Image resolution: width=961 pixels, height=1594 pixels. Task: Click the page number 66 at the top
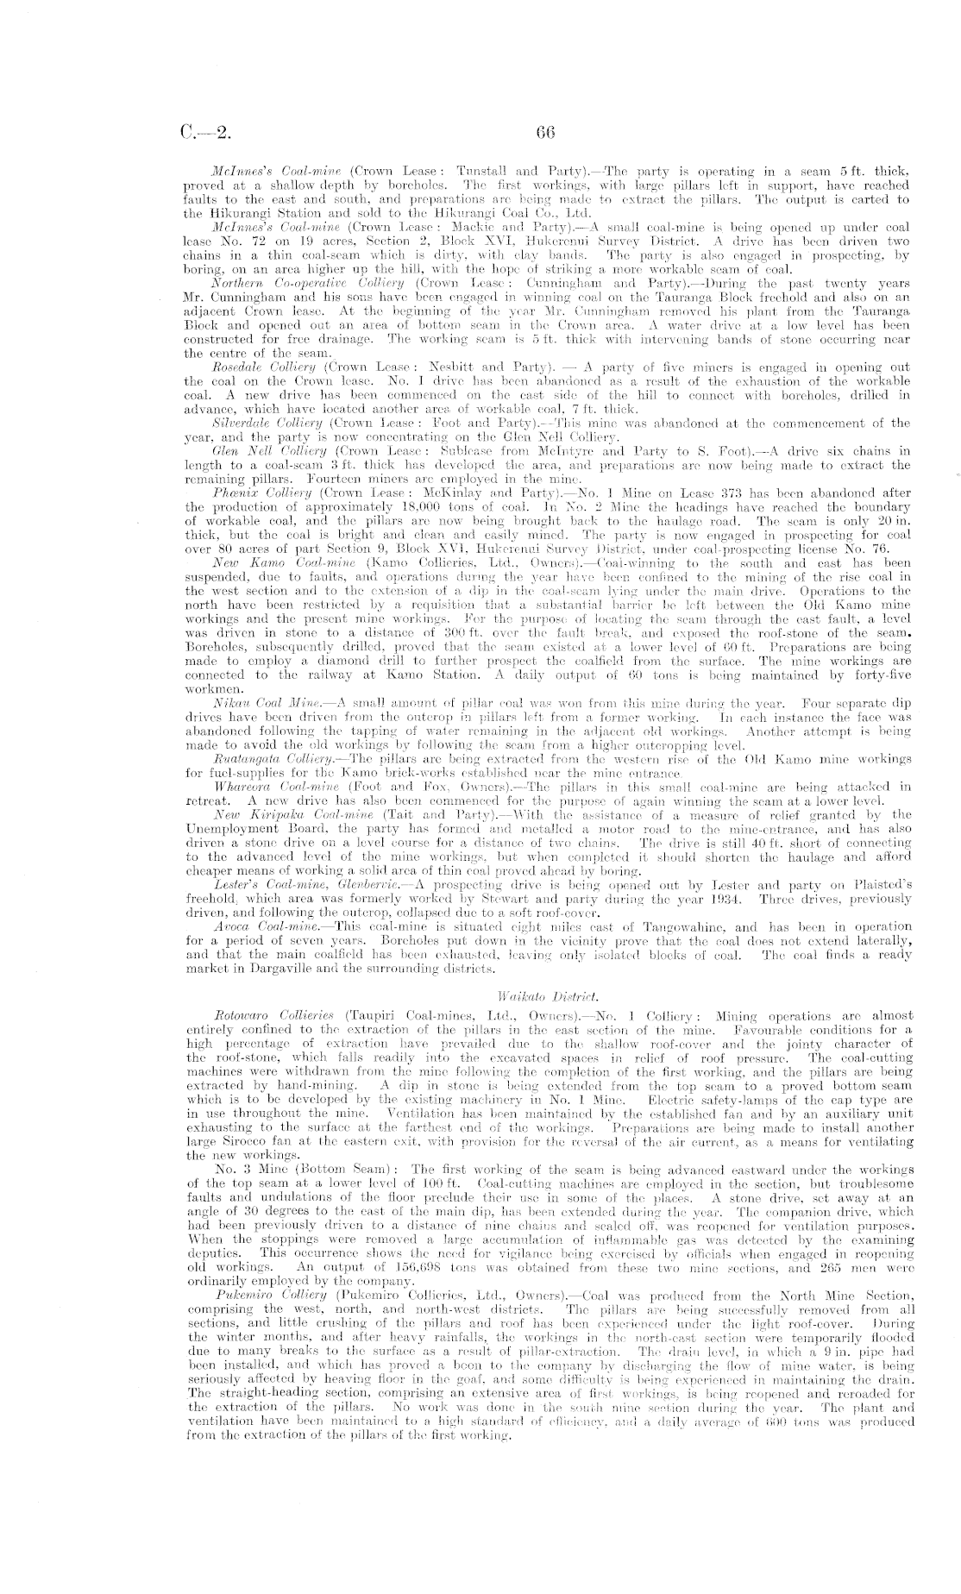point(543,134)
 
